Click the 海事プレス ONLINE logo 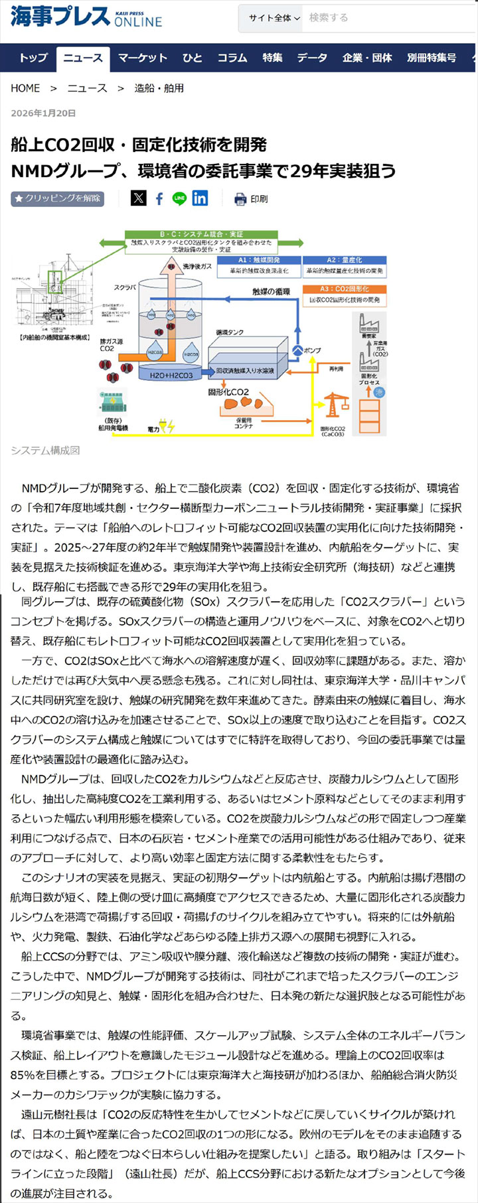(x=86, y=17)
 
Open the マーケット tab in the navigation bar (x=142, y=58)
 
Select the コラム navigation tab (x=232, y=58)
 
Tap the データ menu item (x=312, y=58)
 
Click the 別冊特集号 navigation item (x=432, y=58)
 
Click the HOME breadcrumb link (x=25, y=88)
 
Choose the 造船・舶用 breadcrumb (x=159, y=88)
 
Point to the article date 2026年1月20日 (x=43, y=113)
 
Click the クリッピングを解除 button (x=58, y=198)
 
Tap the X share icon (x=138, y=198)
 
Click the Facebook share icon (x=159, y=198)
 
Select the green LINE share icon (x=179, y=198)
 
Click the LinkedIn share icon (x=200, y=198)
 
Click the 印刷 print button (x=251, y=198)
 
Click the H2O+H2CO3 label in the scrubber (x=171, y=375)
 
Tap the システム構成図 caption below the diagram (x=45, y=451)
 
